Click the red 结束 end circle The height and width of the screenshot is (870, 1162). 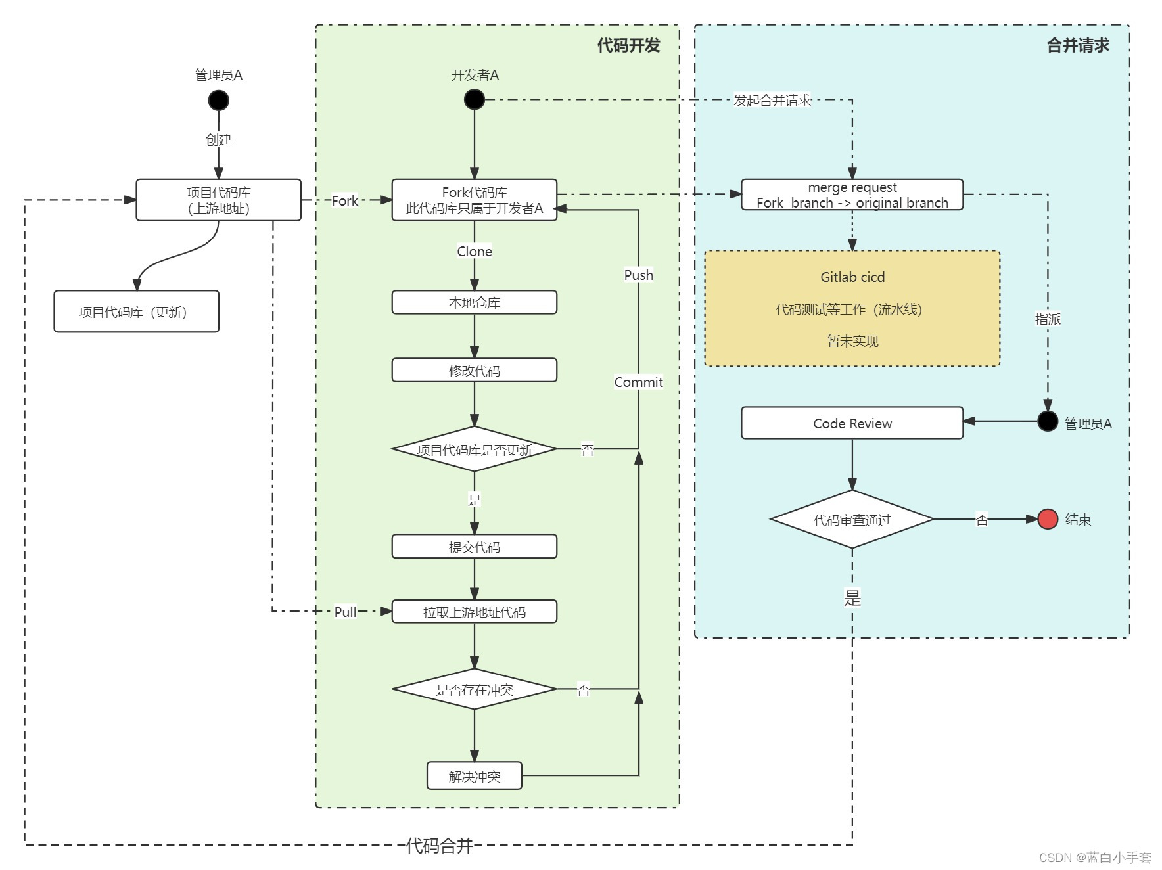click(x=1048, y=519)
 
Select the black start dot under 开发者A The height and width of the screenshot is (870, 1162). click(x=474, y=99)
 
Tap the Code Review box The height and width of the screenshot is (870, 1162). click(x=852, y=423)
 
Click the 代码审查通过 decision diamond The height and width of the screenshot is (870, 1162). click(x=852, y=519)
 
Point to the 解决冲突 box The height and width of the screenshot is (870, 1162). click(x=474, y=775)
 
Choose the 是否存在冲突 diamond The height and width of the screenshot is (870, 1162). click(x=474, y=689)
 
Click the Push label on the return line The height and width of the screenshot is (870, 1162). click(x=638, y=275)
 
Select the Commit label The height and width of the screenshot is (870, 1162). click(x=638, y=382)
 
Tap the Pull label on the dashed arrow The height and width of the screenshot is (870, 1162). click(x=345, y=612)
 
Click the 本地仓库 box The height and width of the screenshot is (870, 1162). click(x=474, y=302)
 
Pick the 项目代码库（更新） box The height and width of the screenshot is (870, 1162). click(x=136, y=311)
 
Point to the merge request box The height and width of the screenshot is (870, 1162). click(x=852, y=195)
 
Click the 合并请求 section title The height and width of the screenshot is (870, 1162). click(x=1078, y=45)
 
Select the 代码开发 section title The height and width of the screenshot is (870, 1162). click(x=628, y=45)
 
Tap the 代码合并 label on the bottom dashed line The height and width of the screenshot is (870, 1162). click(x=439, y=846)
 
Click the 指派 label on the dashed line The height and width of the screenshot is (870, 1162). click(x=1048, y=319)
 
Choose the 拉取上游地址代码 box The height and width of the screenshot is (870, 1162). click(x=474, y=612)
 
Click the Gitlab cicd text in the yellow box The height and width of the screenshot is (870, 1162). click(x=852, y=277)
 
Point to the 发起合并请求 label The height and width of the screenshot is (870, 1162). click(x=772, y=101)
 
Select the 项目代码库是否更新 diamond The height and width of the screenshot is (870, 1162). click(x=474, y=449)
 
